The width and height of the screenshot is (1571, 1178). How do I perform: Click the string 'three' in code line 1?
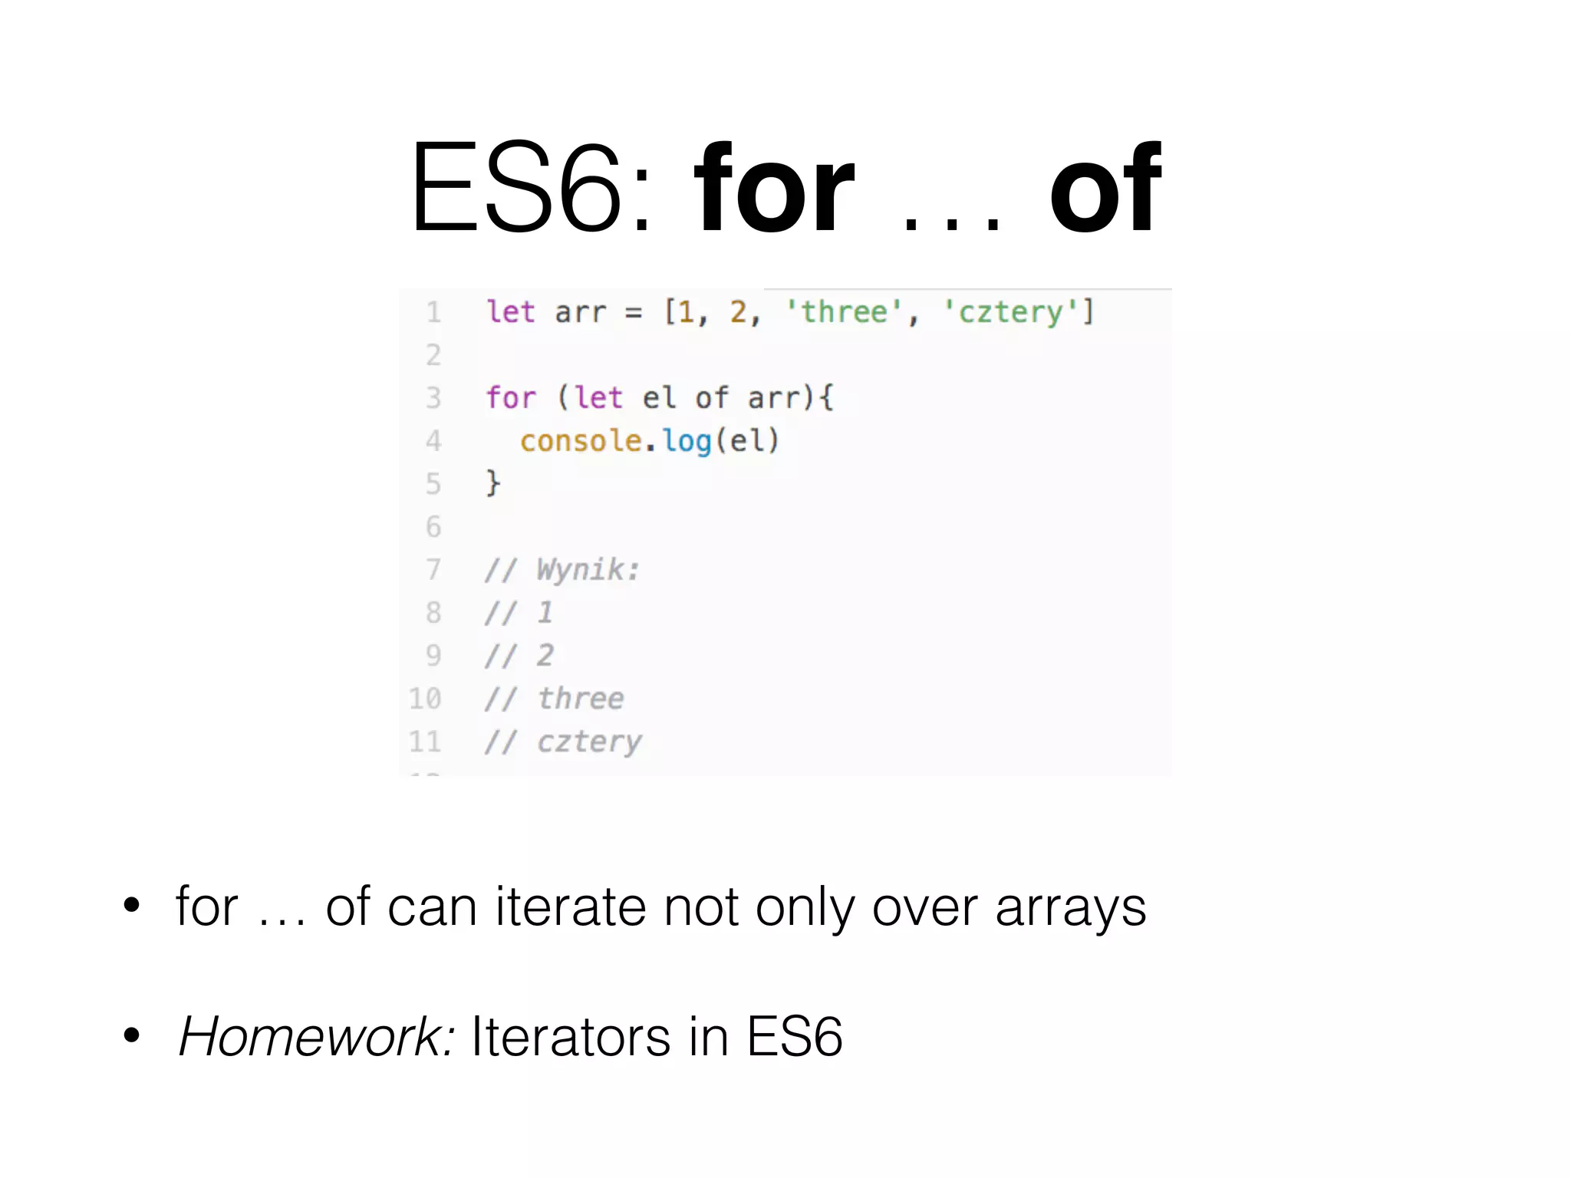click(x=844, y=312)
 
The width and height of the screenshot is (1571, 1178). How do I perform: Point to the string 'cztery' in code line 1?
click(x=1010, y=312)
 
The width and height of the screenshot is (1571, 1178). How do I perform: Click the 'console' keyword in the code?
click(x=581, y=441)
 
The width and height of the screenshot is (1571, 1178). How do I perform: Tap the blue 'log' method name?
click(x=687, y=442)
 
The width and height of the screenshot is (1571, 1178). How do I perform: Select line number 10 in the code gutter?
click(x=425, y=699)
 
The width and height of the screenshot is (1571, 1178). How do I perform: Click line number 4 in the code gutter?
click(x=433, y=441)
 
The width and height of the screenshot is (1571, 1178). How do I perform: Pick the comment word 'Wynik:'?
click(x=588, y=570)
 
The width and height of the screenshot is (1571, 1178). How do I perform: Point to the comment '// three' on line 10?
click(x=555, y=699)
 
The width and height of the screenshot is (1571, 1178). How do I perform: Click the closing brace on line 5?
click(x=493, y=484)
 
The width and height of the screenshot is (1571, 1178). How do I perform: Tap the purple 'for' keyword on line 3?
click(x=511, y=398)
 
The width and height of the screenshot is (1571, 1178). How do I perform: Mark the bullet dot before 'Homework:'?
click(x=132, y=1035)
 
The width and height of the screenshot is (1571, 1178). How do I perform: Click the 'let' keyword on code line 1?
click(x=511, y=312)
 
